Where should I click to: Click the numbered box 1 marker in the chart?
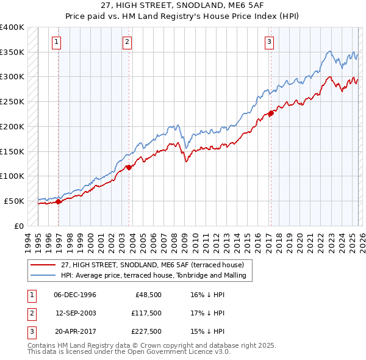[x=56, y=42]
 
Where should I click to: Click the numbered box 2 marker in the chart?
[x=127, y=42]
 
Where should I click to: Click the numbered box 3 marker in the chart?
[x=269, y=42]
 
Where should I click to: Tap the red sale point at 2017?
[x=270, y=113]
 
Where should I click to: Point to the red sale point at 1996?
[x=59, y=201]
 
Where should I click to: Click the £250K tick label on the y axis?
[x=12, y=102]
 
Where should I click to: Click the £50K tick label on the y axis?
[x=15, y=201]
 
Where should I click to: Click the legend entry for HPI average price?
[x=152, y=276]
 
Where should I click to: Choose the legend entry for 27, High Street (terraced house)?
[x=152, y=265]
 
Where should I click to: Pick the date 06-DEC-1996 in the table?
[x=74, y=295]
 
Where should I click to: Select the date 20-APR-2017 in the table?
[x=74, y=331]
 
